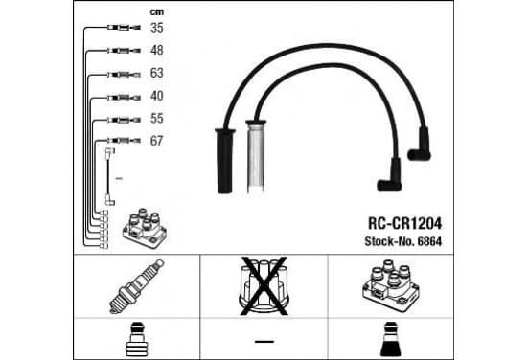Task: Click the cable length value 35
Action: coord(157,28)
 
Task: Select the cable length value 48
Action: coord(157,50)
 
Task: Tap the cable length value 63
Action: coord(157,73)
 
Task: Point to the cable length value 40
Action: coord(157,96)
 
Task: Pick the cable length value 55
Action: coord(157,119)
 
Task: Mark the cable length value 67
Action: coord(157,141)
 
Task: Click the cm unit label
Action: coord(157,12)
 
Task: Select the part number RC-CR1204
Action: coord(404,223)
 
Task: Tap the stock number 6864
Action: coord(429,241)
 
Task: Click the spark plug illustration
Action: coord(137,286)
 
